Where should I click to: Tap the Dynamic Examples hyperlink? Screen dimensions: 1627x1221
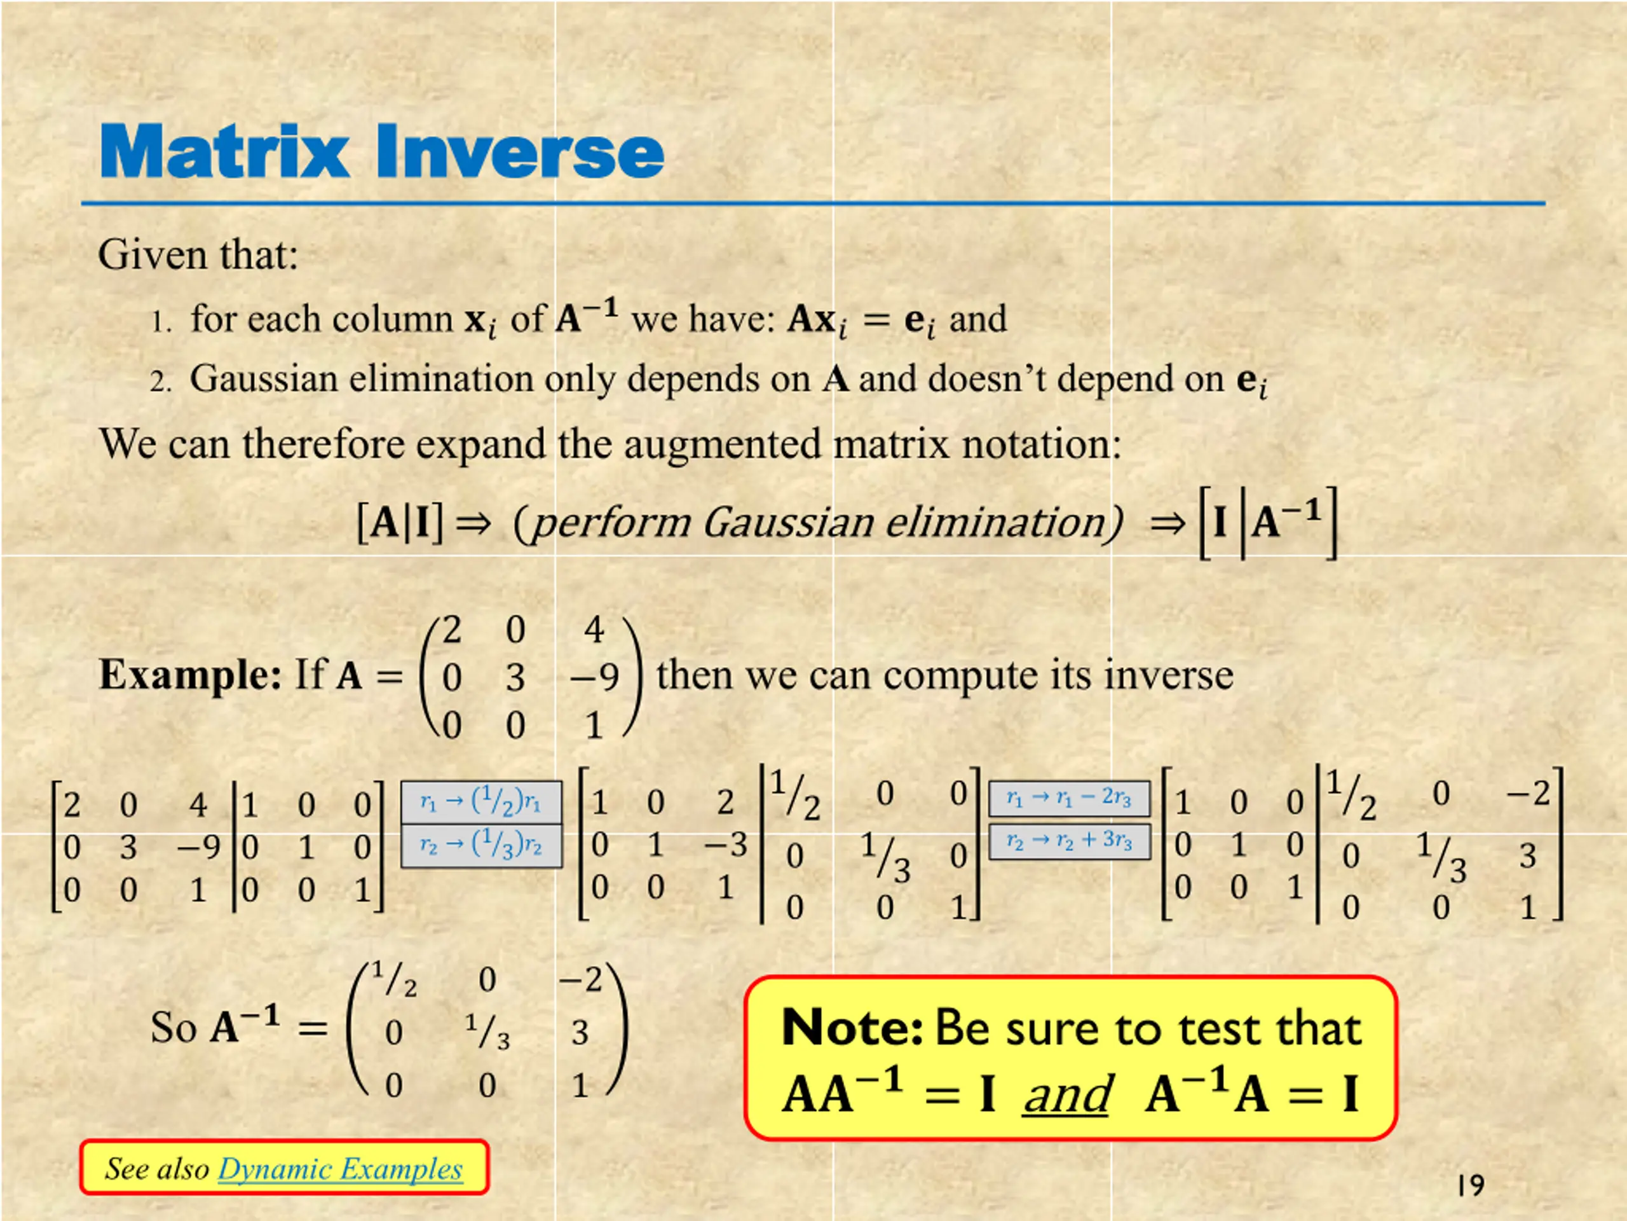tap(341, 1169)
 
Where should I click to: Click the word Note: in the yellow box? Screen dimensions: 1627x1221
tap(852, 1028)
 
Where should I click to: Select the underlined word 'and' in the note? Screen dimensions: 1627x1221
tap(1066, 1094)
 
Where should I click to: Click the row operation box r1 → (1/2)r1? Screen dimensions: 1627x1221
tap(482, 802)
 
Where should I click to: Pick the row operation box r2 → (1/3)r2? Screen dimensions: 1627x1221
tap(482, 846)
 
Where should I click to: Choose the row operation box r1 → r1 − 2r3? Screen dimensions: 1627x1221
tap(1070, 799)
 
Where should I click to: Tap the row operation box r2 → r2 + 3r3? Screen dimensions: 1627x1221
tap(1070, 842)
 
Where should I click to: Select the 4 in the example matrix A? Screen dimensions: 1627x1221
tap(594, 630)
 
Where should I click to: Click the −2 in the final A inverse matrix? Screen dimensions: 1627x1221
tap(580, 979)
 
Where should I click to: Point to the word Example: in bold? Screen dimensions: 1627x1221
tap(190, 675)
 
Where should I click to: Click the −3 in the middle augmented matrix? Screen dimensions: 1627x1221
tap(725, 844)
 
